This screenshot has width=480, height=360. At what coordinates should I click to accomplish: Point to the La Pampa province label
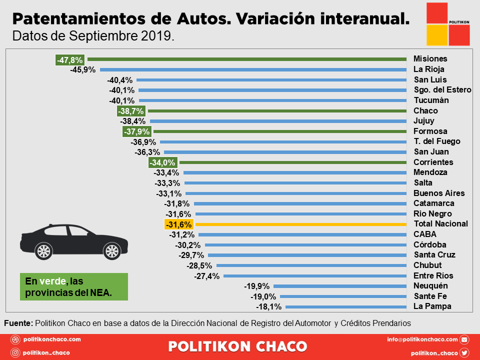tap(432, 306)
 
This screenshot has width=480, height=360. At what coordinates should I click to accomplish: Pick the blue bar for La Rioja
tap(253, 69)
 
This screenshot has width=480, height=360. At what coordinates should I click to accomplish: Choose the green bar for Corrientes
tap(293, 162)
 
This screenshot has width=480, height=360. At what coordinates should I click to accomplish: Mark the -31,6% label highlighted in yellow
tap(178, 224)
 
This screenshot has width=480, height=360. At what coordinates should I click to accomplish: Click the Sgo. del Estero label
tap(442, 90)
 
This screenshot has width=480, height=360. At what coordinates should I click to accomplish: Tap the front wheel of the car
tap(110, 249)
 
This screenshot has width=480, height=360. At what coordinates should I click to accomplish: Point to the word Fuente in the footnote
tap(18, 323)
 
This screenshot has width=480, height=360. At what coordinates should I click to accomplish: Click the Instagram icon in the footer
tap(15, 352)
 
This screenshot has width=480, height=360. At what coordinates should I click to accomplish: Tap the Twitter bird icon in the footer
tap(464, 352)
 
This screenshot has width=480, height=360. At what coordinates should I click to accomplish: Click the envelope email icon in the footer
tap(464, 339)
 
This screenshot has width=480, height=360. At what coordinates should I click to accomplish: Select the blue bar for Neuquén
tap(340, 286)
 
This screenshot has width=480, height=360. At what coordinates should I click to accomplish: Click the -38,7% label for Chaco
tap(131, 111)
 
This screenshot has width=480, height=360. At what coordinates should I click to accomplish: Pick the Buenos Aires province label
tap(439, 193)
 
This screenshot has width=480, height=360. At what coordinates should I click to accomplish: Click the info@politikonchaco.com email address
tap(422, 339)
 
